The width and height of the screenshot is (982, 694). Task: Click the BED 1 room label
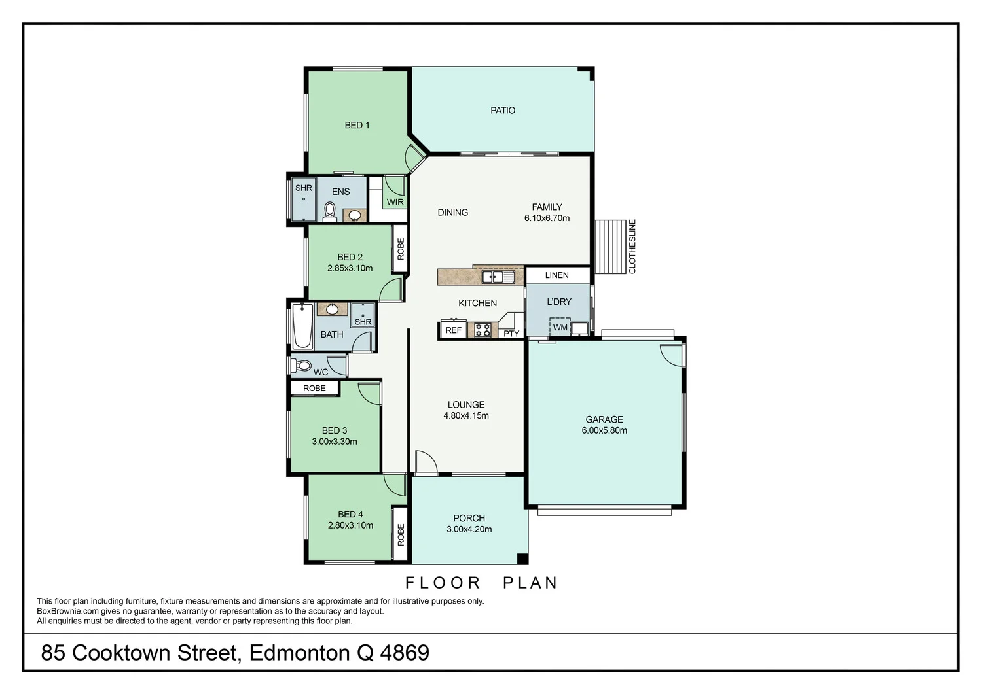click(357, 125)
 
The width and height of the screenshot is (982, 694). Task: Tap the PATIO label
click(503, 111)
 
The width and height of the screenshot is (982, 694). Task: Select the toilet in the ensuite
click(329, 211)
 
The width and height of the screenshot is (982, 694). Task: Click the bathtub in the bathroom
click(302, 326)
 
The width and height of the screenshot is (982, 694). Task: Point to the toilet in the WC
click(302, 365)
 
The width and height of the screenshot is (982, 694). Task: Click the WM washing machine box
click(560, 327)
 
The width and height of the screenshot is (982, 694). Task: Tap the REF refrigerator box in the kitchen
click(453, 330)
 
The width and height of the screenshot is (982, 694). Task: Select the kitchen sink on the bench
click(498, 277)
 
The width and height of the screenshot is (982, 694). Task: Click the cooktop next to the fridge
click(482, 330)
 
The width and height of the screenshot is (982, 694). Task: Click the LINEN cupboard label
click(556, 275)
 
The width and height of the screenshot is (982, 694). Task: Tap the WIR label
click(395, 202)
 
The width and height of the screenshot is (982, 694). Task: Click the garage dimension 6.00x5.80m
click(604, 430)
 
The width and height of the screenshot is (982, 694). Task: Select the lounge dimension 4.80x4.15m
click(466, 415)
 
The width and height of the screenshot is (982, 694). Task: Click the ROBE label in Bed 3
click(314, 388)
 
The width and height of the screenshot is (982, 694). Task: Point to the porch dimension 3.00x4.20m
click(469, 529)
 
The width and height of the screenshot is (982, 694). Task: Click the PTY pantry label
click(511, 334)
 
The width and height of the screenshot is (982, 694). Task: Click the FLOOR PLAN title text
click(481, 583)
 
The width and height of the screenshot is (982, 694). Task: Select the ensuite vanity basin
click(355, 215)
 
